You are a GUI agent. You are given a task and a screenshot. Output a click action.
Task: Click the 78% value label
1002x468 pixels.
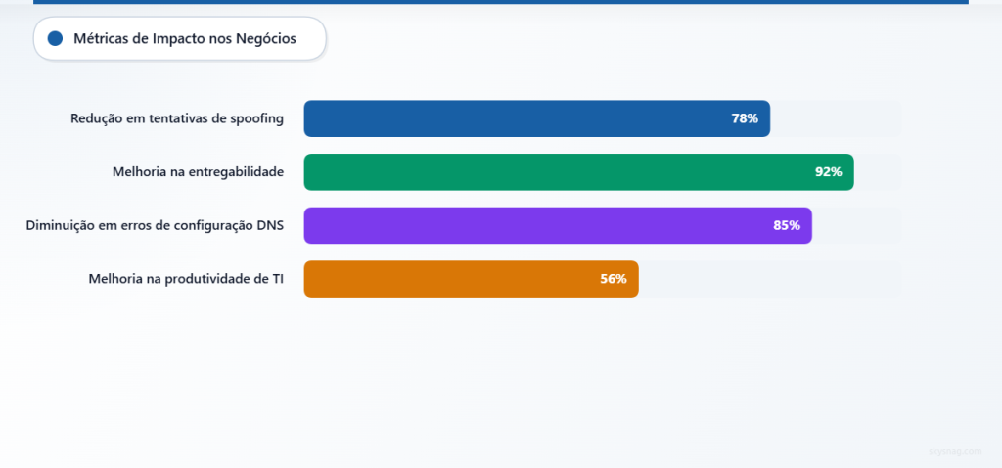[745, 118]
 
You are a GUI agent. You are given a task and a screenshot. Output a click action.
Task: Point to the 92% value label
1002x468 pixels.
[828, 172]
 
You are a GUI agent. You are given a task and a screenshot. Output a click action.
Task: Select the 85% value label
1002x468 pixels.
[787, 225]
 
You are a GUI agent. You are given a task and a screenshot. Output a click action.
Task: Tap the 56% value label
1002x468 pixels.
[614, 279]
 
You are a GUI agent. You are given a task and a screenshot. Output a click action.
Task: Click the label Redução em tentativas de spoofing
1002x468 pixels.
[177, 118]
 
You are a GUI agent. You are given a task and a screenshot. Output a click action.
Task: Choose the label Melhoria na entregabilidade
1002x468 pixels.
[198, 172]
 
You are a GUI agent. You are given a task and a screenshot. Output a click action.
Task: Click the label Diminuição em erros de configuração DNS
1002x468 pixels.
[155, 225]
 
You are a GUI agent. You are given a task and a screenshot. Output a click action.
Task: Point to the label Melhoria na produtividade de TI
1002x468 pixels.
[186, 279]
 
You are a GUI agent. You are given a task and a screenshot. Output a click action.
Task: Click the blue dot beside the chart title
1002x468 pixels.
[55, 39]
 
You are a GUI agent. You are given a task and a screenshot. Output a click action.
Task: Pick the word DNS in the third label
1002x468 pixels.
[269, 225]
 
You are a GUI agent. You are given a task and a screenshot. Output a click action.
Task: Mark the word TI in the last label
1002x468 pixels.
[278, 279]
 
